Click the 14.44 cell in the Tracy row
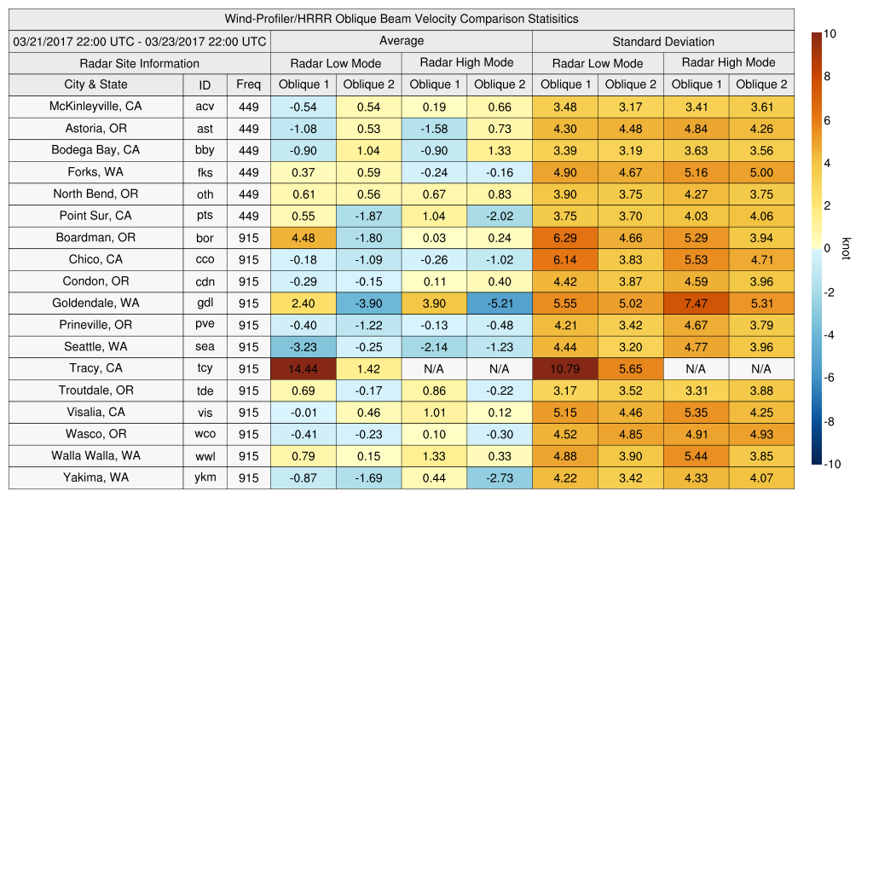click(x=303, y=368)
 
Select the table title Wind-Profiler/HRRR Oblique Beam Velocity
click(x=401, y=19)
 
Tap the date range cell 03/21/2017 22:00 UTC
click(x=140, y=41)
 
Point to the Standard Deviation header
click(x=662, y=41)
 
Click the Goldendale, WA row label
click(x=95, y=303)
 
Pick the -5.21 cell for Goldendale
click(x=499, y=303)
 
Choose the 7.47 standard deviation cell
click(x=696, y=303)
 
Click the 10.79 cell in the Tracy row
click(x=564, y=368)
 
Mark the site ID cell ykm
click(x=205, y=477)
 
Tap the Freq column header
click(x=248, y=84)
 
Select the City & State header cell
click(x=95, y=84)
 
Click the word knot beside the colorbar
click(x=847, y=248)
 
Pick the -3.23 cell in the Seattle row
click(x=303, y=346)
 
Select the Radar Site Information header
click(x=140, y=63)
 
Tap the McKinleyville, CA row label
click(x=95, y=107)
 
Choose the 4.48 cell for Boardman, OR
click(x=303, y=237)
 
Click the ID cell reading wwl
click(x=205, y=456)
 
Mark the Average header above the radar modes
click(x=401, y=41)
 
